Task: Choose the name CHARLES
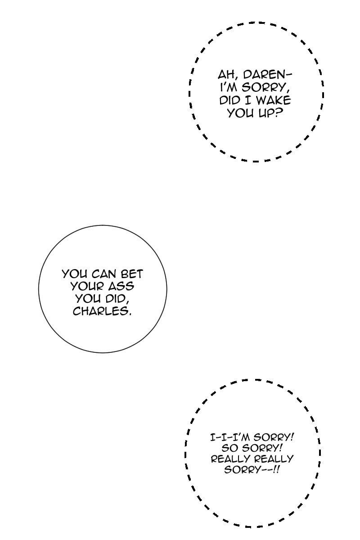coord(102,311)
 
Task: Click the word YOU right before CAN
coord(75,274)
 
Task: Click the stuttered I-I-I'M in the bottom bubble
coord(230,437)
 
